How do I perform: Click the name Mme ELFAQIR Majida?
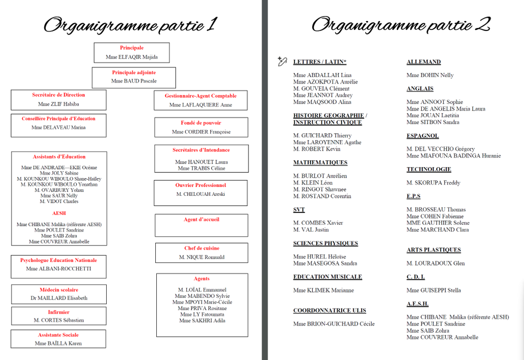pos(132,57)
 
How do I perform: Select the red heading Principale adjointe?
pos(134,72)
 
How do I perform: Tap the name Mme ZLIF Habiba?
pos(59,104)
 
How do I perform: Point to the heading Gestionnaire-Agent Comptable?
pos(200,96)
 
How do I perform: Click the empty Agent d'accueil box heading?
pos(201,219)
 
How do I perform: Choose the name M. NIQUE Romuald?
pos(201,257)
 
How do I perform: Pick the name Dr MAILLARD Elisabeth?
pos(59,298)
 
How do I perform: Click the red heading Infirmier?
pos(59,312)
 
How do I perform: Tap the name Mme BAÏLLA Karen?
pos(58,343)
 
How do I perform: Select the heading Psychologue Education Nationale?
pos(59,260)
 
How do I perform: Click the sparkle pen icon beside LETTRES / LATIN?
pos(282,61)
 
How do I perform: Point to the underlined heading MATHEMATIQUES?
pos(320,162)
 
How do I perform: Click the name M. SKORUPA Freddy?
pos(433,182)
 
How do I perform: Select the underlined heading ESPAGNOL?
pos(422,135)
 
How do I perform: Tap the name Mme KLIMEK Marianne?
pos(323,290)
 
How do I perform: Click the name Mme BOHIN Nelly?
pos(430,75)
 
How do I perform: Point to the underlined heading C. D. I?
pos(415,277)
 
